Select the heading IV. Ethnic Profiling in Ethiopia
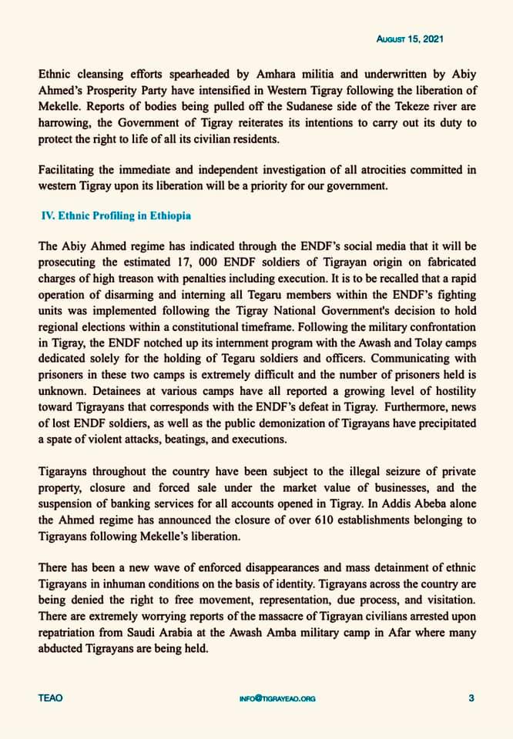pos(116,216)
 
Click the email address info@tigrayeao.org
pos(277,699)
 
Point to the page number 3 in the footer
pos(471,698)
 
